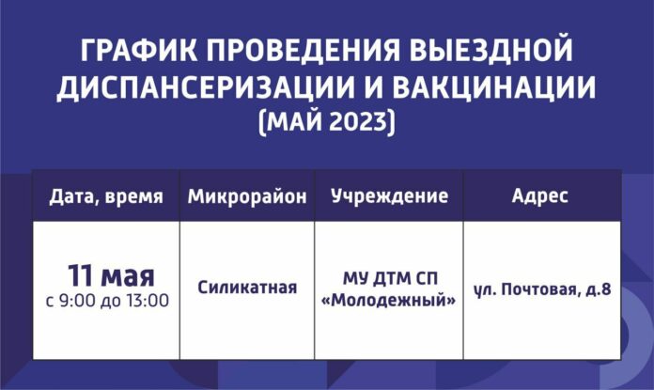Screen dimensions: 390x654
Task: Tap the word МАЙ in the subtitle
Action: click(289, 123)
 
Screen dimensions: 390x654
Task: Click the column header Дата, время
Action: click(106, 197)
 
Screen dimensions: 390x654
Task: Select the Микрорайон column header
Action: click(247, 197)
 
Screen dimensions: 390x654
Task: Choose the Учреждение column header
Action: click(389, 197)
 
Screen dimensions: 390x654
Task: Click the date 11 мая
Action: click(110, 277)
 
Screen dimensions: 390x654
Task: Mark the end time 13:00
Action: click(149, 302)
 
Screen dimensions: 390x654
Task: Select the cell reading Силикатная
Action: click(247, 289)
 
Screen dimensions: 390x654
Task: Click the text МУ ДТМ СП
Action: click(389, 279)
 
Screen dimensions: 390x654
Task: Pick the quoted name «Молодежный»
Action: click(389, 300)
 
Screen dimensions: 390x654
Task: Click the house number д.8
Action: click(597, 289)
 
